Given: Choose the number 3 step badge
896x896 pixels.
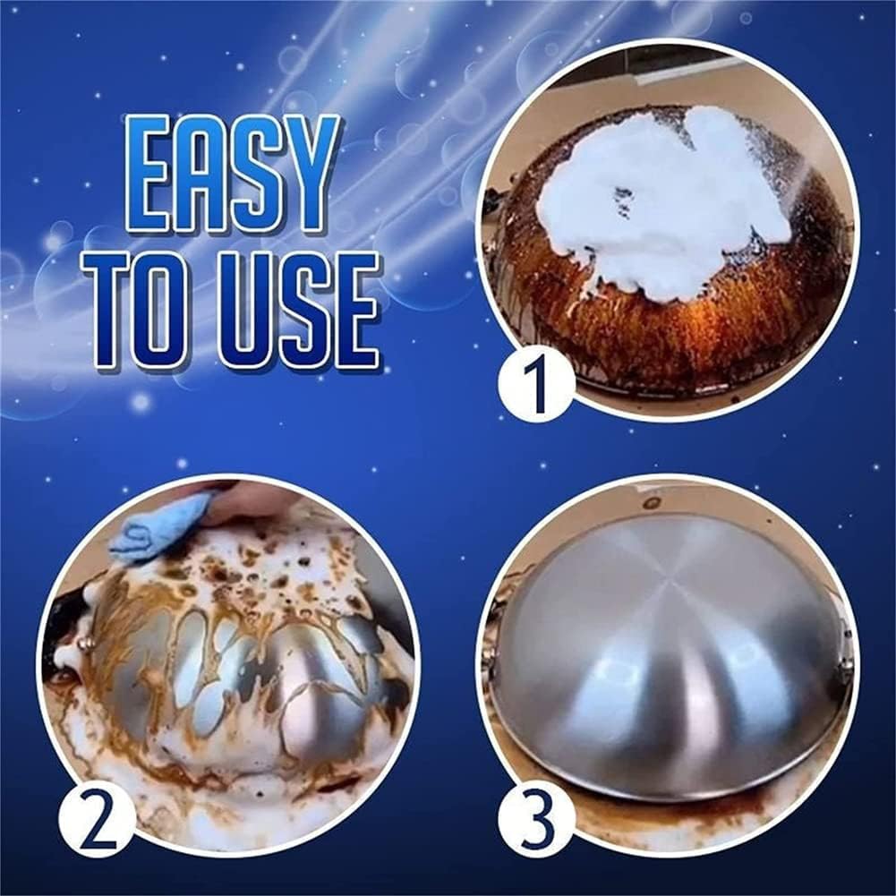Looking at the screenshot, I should tap(536, 818).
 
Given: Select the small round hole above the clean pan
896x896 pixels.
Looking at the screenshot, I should tap(651, 503).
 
